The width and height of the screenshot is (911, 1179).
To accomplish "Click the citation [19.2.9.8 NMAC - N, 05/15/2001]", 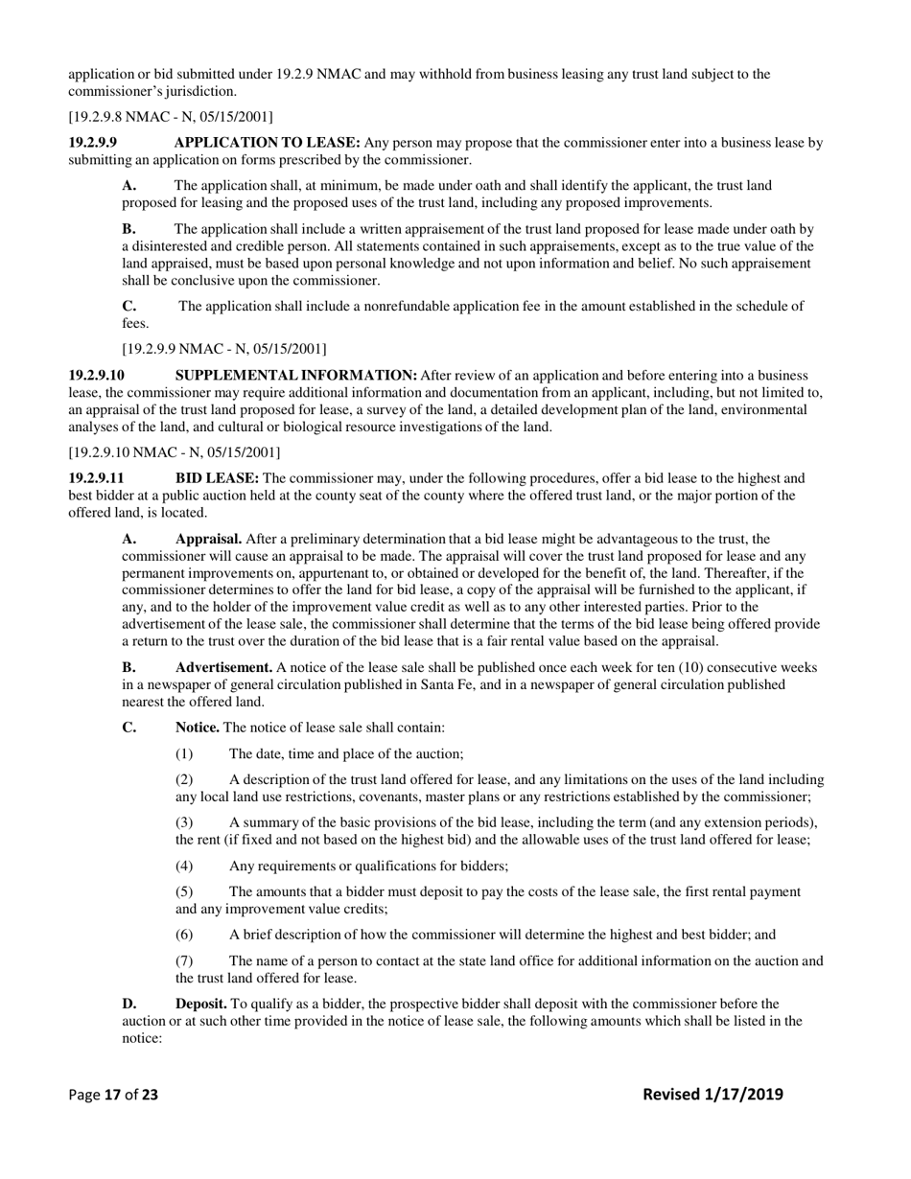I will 170,117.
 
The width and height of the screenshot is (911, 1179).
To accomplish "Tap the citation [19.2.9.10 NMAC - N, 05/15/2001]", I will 174,451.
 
